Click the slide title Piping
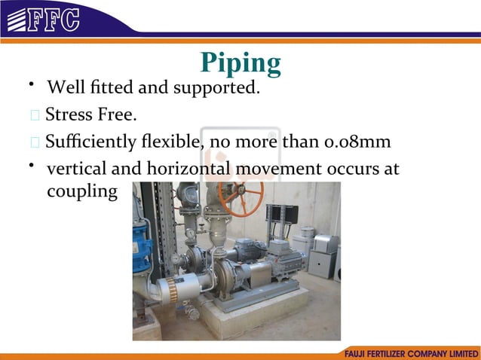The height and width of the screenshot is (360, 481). (x=240, y=63)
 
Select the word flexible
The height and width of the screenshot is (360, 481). (x=169, y=142)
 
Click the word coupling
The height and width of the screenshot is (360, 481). (x=82, y=192)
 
